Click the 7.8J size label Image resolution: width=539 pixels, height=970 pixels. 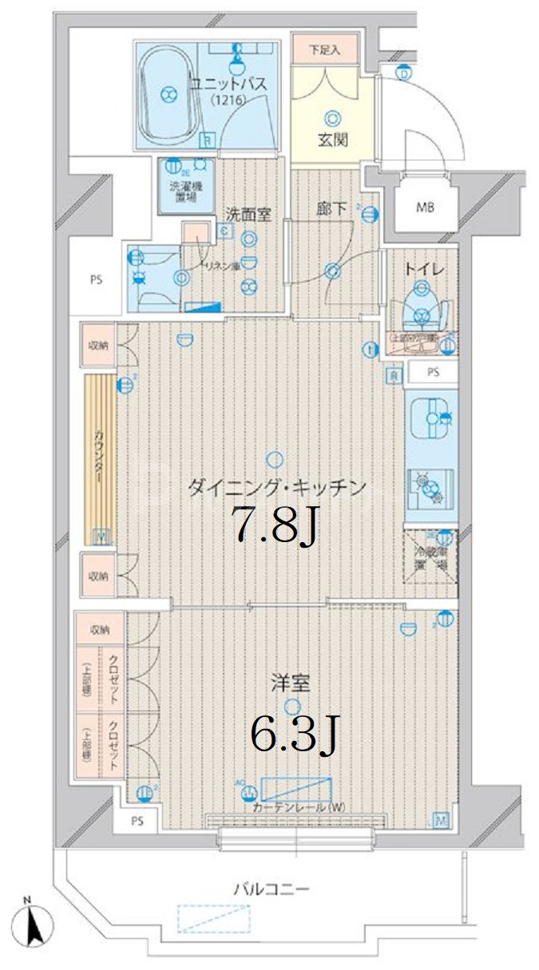[x=275, y=525]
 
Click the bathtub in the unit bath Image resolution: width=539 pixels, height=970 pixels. [x=167, y=93]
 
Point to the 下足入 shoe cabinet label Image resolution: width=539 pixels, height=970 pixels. [x=325, y=49]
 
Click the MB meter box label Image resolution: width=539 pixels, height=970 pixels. [x=426, y=208]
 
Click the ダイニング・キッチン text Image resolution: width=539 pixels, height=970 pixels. [x=276, y=486]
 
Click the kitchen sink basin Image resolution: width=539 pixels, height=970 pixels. [x=430, y=419]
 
